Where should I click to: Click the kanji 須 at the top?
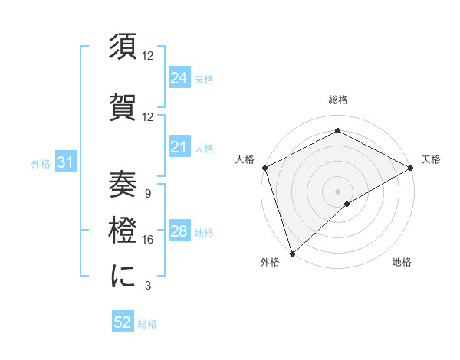point(123,48)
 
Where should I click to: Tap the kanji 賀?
point(123,108)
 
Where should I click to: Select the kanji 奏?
point(123,183)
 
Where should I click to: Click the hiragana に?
point(123,277)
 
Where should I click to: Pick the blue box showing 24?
point(179,77)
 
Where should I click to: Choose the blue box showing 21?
point(179,147)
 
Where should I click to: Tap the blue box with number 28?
point(179,232)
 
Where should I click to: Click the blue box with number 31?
point(65,162)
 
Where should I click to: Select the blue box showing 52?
point(123,323)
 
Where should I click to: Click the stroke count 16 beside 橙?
point(148,240)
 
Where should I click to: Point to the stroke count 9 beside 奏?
point(148,193)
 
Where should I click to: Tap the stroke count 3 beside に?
point(148,286)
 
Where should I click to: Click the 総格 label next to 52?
point(147,324)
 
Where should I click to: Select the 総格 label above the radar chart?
point(338,100)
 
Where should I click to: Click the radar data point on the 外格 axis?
point(291,254)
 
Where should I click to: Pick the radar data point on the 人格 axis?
point(264,167)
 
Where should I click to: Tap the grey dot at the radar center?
point(337,191)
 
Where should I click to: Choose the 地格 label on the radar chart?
point(402,262)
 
